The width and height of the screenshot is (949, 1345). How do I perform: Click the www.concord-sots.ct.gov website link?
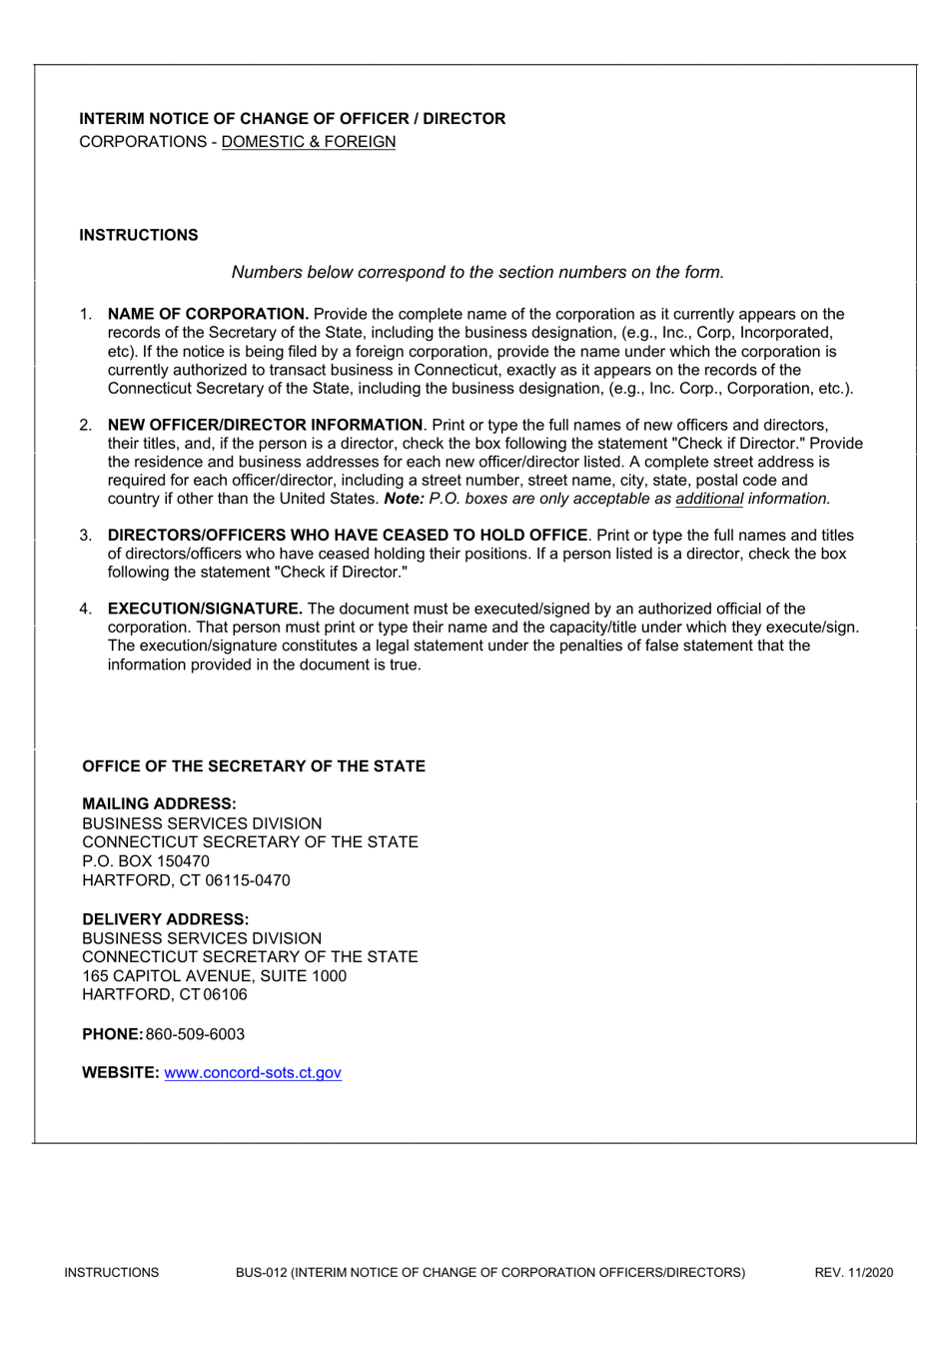click(x=253, y=1072)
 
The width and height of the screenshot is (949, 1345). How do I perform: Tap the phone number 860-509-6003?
click(x=195, y=1034)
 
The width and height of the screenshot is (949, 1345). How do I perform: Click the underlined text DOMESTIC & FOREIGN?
click(x=308, y=142)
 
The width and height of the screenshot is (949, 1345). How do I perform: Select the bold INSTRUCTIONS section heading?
click(x=139, y=235)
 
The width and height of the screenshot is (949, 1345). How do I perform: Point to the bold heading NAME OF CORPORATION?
click(x=208, y=314)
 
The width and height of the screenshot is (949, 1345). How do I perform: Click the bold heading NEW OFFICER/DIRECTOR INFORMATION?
click(x=265, y=425)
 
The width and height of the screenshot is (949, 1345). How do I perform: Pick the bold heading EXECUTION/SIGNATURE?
click(x=205, y=609)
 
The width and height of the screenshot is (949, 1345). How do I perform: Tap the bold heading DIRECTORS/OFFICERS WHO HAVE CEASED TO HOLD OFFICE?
click(x=347, y=536)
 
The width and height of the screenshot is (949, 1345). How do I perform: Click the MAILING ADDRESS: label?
click(x=159, y=803)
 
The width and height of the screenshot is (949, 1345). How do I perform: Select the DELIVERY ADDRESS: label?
click(x=165, y=919)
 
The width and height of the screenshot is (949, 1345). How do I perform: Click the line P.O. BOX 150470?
click(x=146, y=861)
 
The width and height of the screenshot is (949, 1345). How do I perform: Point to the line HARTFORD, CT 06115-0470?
click(x=186, y=880)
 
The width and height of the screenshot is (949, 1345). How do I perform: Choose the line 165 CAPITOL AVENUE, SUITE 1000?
click(x=214, y=976)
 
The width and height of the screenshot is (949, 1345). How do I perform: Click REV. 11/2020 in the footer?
click(x=853, y=1272)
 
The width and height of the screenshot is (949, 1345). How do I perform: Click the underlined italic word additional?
click(x=709, y=499)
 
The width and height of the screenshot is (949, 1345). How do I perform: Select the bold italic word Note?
click(x=404, y=499)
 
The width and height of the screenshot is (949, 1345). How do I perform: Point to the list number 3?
click(x=86, y=536)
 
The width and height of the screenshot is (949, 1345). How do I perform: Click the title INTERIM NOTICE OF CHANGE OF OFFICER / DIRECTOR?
click(x=292, y=119)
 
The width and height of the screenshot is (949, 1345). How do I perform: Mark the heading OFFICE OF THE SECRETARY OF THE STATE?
click(x=254, y=766)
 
